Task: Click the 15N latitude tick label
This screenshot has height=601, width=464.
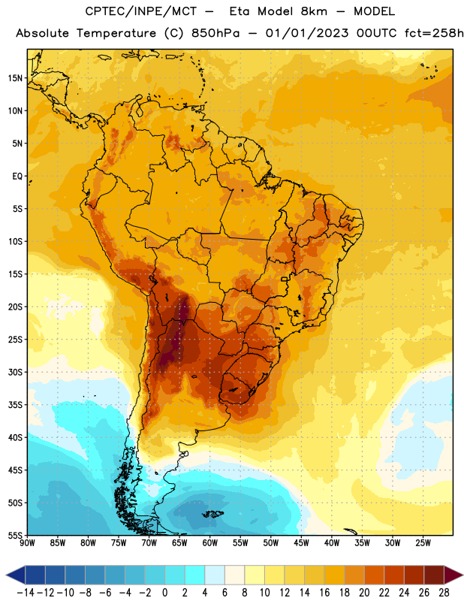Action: click(x=15, y=78)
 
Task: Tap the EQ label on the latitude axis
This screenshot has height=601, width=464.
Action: click(x=17, y=177)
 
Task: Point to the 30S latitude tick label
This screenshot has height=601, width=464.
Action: click(x=15, y=372)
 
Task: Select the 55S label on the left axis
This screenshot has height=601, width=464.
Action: click(x=15, y=535)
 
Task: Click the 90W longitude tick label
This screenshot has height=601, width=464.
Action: click(x=27, y=543)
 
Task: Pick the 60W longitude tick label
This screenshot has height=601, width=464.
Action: click(x=210, y=543)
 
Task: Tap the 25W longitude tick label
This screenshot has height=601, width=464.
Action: click(x=423, y=543)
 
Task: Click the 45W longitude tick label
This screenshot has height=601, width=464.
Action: click(x=301, y=543)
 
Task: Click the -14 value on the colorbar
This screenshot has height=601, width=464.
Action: click(x=26, y=593)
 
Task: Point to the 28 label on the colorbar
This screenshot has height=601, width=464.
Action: click(x=444, y=593)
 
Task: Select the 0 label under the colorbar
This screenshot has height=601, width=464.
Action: click(x=164, y=593)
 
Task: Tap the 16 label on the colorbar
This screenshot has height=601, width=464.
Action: click(x=324, y=593)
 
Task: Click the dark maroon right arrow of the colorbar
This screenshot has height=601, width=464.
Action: click(x=453, y=575)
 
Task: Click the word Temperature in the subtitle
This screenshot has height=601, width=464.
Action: click(x=116, y=33)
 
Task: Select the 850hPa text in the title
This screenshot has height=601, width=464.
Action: click(x=215, y=33)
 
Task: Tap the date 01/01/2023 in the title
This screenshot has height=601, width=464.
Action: click(x=307, y=33)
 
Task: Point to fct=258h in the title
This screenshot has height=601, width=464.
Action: click(x=434, y=33)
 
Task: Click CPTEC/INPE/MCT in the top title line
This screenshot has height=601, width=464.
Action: click(x=140, y=11)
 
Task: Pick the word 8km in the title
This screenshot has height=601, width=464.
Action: click(x=314, y=11)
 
